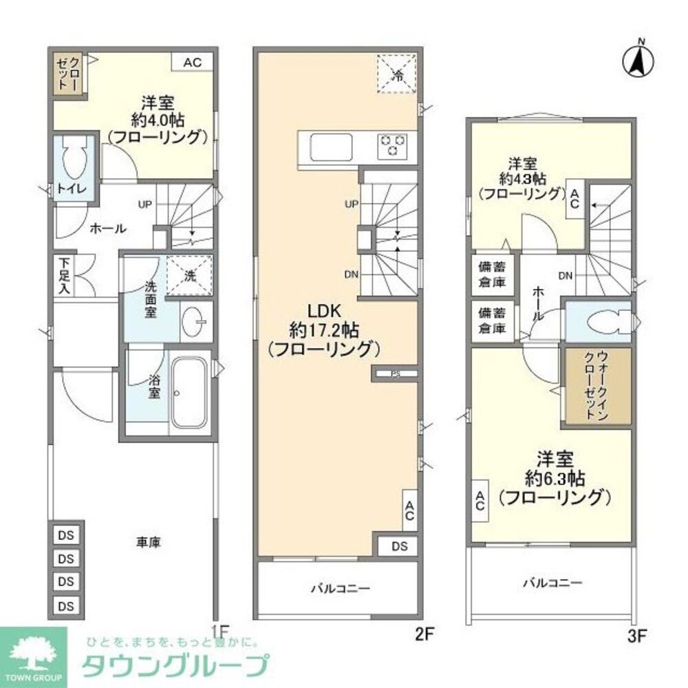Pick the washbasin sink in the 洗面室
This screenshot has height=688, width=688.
[x=195, y=321]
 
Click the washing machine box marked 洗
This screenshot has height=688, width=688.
[x=190, y=276]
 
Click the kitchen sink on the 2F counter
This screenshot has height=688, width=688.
[x=331, y=147]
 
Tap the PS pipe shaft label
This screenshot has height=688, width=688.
[x=394, y=374]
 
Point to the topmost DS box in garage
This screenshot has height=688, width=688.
[x=66, y=535]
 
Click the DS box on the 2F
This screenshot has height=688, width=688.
[x=400, y=546]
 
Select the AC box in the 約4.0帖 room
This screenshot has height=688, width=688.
[x=192, y=63]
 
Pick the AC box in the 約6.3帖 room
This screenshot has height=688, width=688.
[x=479, y=500]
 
